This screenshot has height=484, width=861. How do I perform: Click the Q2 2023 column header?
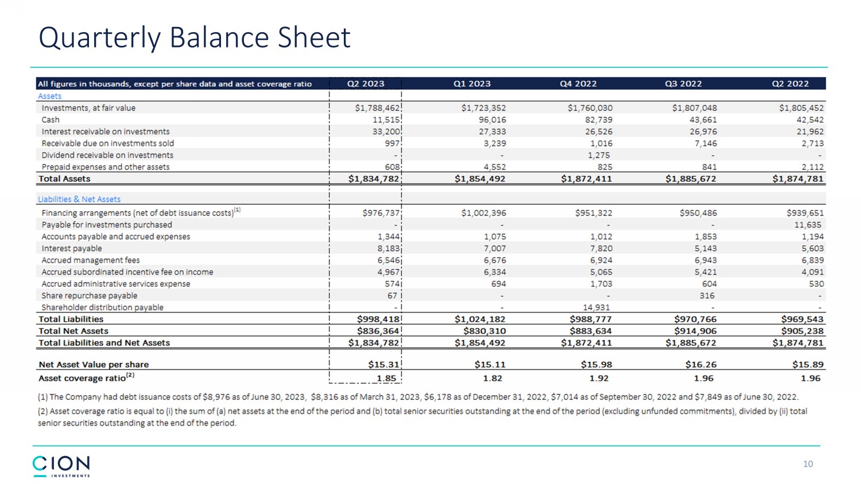[x=366, y=84]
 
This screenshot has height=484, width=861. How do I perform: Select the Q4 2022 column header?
[x=578, y=84]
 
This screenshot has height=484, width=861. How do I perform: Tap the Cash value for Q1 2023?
[x=492, y=120]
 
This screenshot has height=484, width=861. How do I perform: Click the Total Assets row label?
[x=64, y=179]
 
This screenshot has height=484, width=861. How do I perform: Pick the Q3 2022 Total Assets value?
[x=691, y=179]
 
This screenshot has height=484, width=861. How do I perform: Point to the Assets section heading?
[x=49, y=96]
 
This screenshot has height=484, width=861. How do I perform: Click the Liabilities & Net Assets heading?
[x=79, y=200]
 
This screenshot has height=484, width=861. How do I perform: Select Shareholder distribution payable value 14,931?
[x=596, y=307]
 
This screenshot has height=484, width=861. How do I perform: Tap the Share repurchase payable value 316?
[x=707, y=296]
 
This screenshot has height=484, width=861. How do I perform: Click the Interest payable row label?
[x=71, y=248]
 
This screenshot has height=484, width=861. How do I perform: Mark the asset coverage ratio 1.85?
[x=386, y=378]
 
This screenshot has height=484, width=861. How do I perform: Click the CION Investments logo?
[x=61, y=466]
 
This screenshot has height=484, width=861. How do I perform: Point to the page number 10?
[x=808, y=464]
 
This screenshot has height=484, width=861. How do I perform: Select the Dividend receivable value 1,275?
[x=599, y=155]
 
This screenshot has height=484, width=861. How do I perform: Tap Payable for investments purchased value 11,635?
[x=809, y=225]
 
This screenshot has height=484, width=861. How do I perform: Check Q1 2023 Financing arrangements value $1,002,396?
[x=483, y=213]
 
